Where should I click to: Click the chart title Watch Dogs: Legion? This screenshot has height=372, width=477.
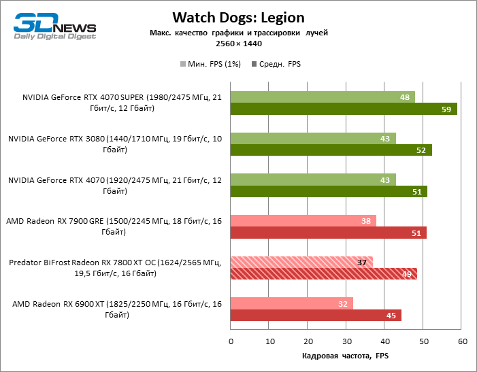tap(238, 17)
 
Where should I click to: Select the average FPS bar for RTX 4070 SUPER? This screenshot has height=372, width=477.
tap(344, 109)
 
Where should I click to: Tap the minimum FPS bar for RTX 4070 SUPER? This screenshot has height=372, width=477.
tap(323, 97)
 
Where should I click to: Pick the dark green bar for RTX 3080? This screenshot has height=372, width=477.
tap(331, 150)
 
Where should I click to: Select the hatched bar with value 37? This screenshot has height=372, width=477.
tap(301, 263)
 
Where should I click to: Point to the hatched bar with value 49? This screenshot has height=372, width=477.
tap(324, 274)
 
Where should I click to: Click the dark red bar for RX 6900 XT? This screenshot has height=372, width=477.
tap(316, 315)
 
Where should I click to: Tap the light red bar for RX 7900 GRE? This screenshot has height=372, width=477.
tap(303, 221)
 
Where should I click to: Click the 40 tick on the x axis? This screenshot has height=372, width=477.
tap(384, 341)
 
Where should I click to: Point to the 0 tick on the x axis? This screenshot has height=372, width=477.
tap(231, 341)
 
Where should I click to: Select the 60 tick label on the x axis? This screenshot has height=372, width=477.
tap(461, 341)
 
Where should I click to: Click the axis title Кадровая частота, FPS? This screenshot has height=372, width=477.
tap(345, 356)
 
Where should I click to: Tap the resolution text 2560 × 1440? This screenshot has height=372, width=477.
tap(238, 44)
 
